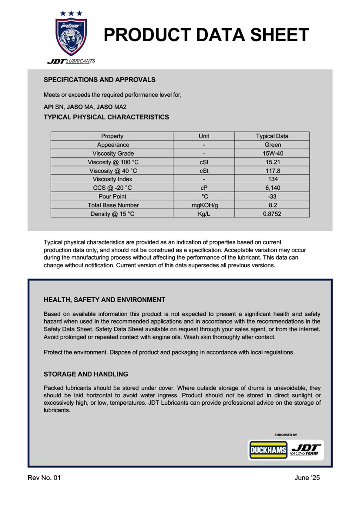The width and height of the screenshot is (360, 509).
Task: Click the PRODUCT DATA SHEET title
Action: point(206,35)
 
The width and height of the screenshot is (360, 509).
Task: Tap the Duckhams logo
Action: point(268,450)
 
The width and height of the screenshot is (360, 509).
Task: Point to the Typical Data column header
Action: point(272,136)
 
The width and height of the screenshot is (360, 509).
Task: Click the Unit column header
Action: point(204,136)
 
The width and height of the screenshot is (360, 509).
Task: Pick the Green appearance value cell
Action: point(272,145)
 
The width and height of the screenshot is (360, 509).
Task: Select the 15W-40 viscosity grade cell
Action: point(272,154)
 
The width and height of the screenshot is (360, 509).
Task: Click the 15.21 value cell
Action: point(272,162)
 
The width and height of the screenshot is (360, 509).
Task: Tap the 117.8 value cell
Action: point(272,171)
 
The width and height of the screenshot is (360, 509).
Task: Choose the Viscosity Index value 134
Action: point(272,179)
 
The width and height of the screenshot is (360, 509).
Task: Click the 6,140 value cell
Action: point(272,188)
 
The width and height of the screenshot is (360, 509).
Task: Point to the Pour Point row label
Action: point(112,196)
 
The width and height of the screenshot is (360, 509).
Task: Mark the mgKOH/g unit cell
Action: point(204,205)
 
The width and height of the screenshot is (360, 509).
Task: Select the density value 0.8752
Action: point(272,214)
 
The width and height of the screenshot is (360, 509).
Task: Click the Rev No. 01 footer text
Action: point(44,478)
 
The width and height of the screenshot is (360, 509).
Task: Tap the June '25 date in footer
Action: point(307,478)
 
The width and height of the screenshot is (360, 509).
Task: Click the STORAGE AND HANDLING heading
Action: point(86,374)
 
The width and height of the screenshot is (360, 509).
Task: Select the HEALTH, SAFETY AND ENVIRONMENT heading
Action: point(104,300)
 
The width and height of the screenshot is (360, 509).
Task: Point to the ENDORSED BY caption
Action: point(285,435)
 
